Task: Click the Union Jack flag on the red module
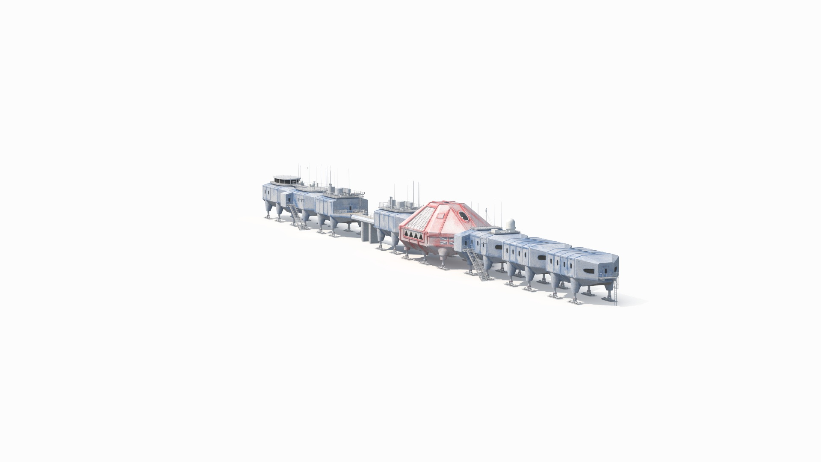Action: (447, 241)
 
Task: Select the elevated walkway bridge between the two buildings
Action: (363, 218)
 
